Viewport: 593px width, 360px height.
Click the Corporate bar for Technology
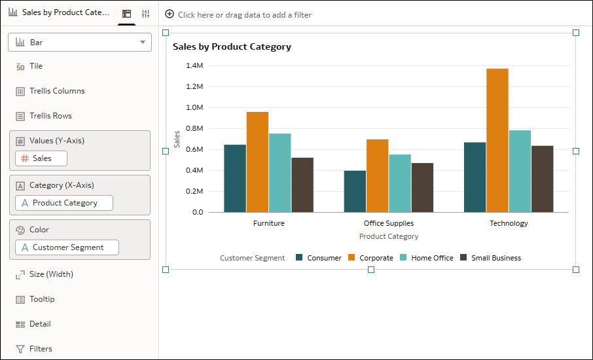pyautogui.click(x=497, y=140)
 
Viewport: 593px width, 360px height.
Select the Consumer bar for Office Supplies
pyautogui.click(x=355, y=191)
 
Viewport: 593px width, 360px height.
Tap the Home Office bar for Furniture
pyautogui.click(x=279, y=173)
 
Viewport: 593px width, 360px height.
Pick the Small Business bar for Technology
pyautogui.click(x=542, y=179)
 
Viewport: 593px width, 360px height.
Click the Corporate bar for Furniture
pyautogui.click(x=257, y=162)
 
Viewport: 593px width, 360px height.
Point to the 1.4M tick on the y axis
pyautogui.click(x=195, y=65)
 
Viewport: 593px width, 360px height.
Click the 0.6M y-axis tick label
pyautogui.click(x=195, y=149)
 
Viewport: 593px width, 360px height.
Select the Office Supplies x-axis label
pyautogui.click(x=389, y=223)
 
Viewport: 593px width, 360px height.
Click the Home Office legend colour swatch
pyautogui.click(x=404, y=258)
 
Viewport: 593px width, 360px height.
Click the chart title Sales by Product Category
pyautogui.click(x=232, y=47)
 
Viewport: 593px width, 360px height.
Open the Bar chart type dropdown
pyautogui.click(x=80, y=43)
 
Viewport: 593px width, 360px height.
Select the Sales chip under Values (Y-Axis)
pyautogui.click(x=41, y=158)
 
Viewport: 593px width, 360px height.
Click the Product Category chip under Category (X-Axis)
pyautogui.click(x=64, y=203)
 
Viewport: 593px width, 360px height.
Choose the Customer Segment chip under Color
pyautogui.click(x=67, y=247)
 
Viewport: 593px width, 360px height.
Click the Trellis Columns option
pyautogui.click(x=57, y=91)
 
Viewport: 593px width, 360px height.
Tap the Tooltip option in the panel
pyautogui.click(x=42, y=299)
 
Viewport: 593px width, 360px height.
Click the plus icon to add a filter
pyautogui.click(x=170, y=14)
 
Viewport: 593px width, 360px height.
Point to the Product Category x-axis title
pyautogui.click(x=389, y=236)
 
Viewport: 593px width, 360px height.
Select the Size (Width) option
pyautogui.click(x=51, y=274)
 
